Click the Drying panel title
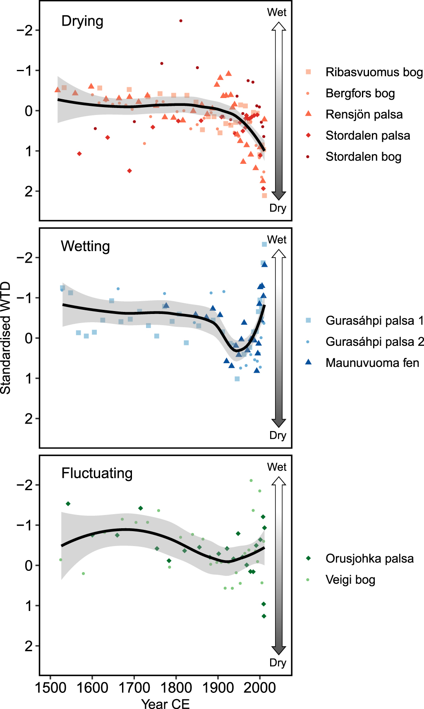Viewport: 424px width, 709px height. pyautogui.click(x=82, y=21)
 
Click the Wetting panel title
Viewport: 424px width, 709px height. pyautogui.click(x=85, y=246)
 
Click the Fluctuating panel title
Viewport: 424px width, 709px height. pyautogui.click(x=97, y=473)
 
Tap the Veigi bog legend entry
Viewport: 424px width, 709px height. pyautogui.click(x=350, y=580)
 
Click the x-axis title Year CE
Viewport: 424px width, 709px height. pyautogui.click(x=165, y=704)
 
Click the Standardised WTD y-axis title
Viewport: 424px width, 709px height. pyautogui.click(x=6, y=338)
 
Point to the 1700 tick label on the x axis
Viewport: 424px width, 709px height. pyautogui.click(x=134, y=687)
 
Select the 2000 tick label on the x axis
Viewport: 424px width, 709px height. pyautogui.click(x=260, y=687)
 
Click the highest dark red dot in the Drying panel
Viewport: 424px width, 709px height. pyautogui.click(x=181, y=21)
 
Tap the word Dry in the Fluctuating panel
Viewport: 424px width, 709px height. pyautogui.click(x=278, y=662)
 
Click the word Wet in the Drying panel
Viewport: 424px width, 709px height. pyautogui.click(x=277, y=12)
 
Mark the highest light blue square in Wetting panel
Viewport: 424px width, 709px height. pyautogui.click(x=264, y=244)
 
